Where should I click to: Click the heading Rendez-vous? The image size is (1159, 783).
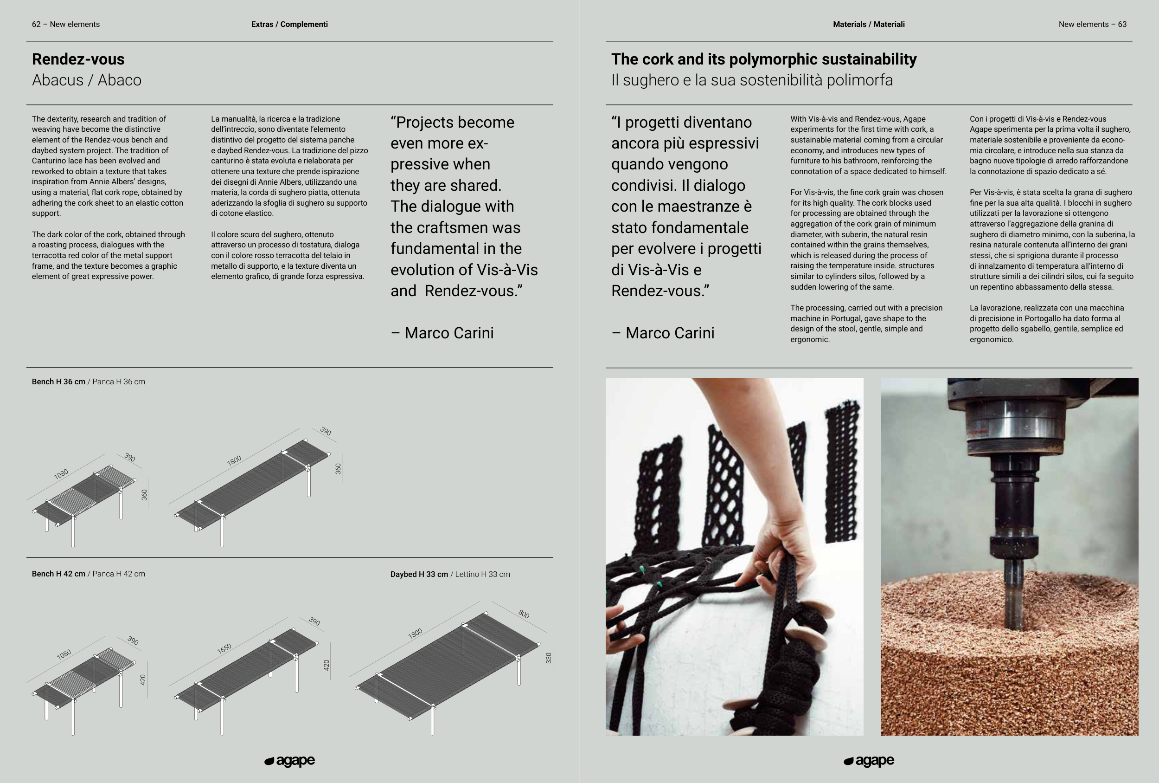78,59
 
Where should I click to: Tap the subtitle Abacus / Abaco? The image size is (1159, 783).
87,80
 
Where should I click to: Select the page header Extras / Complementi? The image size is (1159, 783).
289,24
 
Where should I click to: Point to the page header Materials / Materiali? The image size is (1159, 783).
869,24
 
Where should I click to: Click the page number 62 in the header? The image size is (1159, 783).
36,24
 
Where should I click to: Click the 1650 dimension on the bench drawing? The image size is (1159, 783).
224,648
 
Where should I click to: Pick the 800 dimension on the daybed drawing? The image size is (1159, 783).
524,614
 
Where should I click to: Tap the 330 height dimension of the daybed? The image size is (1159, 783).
549,658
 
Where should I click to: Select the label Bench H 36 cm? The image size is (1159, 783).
58,382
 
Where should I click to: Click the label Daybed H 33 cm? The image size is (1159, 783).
419,575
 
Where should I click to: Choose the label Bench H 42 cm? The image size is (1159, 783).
58,574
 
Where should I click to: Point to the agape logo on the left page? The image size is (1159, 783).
290,761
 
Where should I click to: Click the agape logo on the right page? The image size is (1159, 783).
869,761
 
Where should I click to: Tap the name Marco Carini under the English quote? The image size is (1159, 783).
449,333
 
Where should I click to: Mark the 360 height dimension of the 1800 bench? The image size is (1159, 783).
338,469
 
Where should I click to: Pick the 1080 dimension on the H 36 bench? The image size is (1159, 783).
61,473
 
